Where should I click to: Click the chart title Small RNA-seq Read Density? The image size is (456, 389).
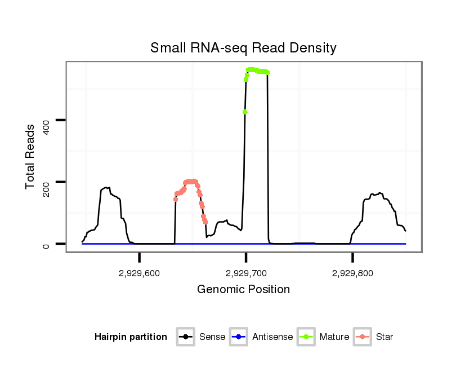243,48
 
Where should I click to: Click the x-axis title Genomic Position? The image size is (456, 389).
243,290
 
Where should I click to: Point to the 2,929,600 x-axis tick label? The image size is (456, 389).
139,273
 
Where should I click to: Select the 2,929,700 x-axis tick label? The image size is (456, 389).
245,273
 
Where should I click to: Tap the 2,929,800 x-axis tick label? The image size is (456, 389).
352,273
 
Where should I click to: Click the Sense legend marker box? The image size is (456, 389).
186,337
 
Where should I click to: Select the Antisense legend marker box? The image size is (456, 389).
239,337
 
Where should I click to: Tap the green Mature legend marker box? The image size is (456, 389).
306,337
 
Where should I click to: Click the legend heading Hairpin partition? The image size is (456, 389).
131,337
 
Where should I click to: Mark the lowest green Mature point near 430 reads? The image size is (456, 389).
245,112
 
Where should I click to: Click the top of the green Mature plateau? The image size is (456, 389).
257,70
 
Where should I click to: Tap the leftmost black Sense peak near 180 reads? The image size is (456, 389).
107,187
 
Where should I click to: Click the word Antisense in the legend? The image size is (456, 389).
272,337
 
